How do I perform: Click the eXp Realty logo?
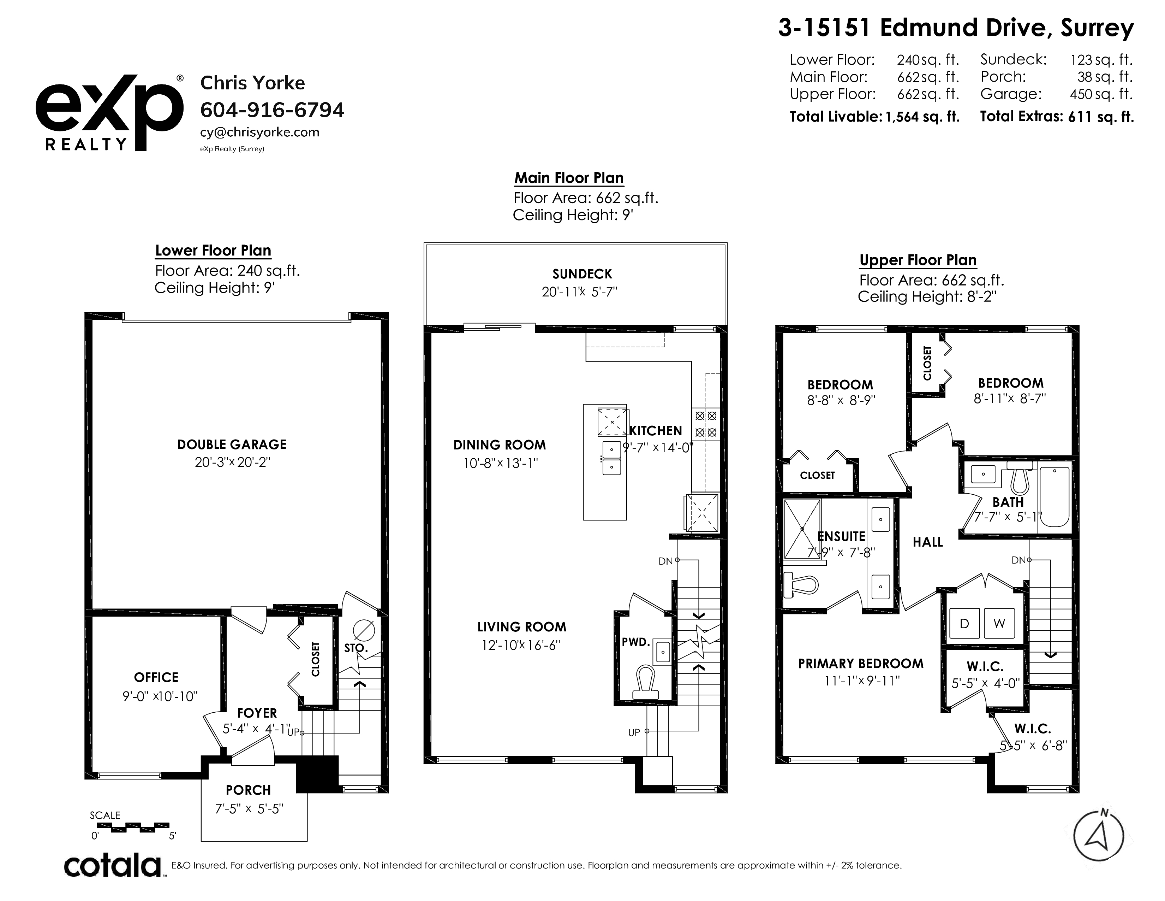[x=110, y=113]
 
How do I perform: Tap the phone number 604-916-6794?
[x=272, y=110]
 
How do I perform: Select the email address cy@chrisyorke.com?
[x=260, y=132]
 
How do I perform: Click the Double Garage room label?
[x=232, y=444]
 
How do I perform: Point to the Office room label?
[x=156, y=677]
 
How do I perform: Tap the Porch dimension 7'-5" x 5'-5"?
[x=249, y=809]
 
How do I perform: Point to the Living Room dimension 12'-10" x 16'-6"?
[x=521, y=645]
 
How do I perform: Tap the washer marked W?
[x=999, y=623]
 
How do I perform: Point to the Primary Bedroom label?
[x=860, y=664]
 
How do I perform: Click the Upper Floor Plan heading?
[x=918, y=260]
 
